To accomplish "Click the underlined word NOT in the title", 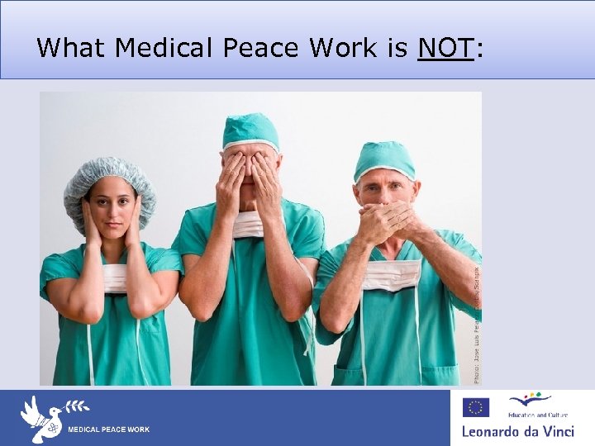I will (445, 48).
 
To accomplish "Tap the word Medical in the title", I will (164, 48).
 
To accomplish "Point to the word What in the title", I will (71, 48).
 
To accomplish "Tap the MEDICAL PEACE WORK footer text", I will (108, 429).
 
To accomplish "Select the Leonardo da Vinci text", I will (517, 431).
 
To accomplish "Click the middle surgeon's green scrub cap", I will (250, 131).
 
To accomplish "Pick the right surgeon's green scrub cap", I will (384, 160).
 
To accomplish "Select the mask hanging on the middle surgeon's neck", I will (247, 224).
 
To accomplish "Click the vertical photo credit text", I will (477, 322).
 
